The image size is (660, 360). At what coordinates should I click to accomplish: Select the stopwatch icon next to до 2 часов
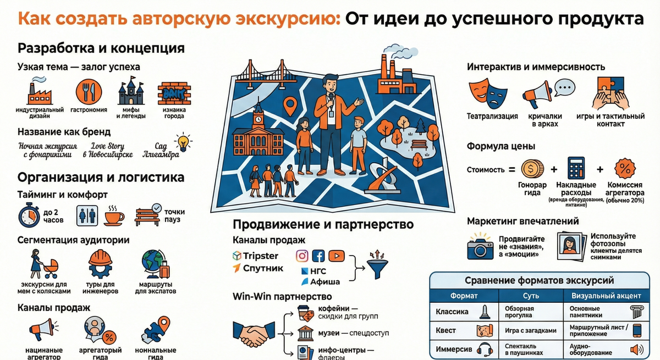point(28,215)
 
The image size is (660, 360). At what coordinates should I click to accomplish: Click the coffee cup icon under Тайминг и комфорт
point(113,215)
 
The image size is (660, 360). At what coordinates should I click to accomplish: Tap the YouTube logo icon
point(336,256)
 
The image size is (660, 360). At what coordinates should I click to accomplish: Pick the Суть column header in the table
point(531,295)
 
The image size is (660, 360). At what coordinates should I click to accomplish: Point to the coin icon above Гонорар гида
point(532,168)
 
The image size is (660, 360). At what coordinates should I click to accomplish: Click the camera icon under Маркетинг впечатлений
point(480,246)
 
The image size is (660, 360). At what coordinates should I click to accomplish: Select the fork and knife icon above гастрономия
point(89,92)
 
